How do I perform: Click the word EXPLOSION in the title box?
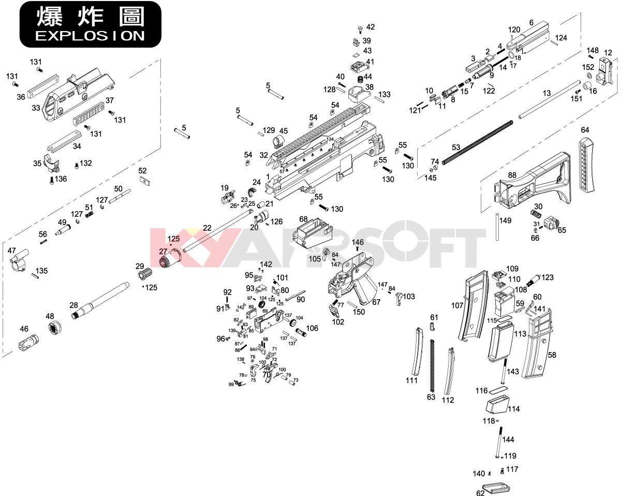tap(90, 36)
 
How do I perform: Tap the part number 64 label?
tap(585, 130)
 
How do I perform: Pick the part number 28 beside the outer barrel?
tap(73, 306)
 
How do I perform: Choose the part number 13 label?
tap(546, 93)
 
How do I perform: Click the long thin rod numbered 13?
tap(549, 99)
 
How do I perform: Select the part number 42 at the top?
tap(370, 27)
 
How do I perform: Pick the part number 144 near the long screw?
tap(508, 440)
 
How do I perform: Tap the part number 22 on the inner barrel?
tap(207, 228)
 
